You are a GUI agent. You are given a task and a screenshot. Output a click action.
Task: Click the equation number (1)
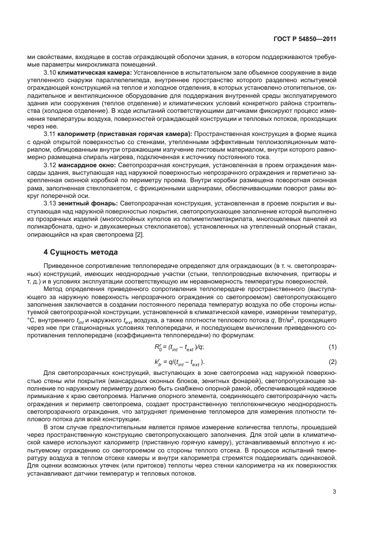[332, 346]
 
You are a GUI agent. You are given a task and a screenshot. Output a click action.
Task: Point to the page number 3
[334, 492]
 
